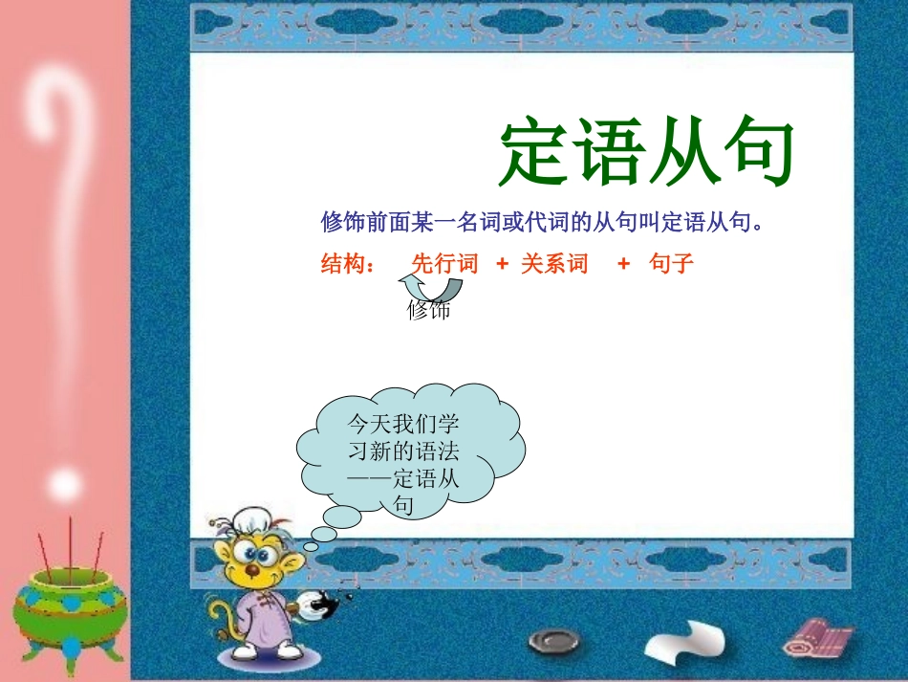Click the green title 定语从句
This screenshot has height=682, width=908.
tap(647, 153)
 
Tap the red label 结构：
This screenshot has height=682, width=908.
tap(348, 265)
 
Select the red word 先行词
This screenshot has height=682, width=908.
tap(444, 265)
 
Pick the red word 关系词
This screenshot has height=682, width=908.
tap(554, 265)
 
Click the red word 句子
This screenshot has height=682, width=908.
tap(671, 265)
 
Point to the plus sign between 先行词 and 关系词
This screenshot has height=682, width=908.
tap(502, 265)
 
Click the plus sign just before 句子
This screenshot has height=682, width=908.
tap(623, 265)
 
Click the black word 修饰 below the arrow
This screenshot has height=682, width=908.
tap(428, 310)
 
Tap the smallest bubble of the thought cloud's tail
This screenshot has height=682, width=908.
tap(312, 545)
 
